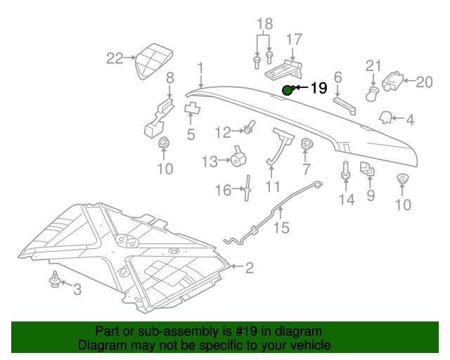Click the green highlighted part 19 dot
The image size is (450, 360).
coord(288,90)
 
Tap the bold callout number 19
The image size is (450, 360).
coord(319,89)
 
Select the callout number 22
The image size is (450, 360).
coord(114,58)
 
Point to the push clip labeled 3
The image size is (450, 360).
coord(53,281)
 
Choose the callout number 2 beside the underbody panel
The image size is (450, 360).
coord(250,266)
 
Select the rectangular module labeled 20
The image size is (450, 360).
coord(394,82)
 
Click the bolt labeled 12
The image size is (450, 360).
coord(248,129)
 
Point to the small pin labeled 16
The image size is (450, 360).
coord(247,189)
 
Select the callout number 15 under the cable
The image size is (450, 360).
coord(281,228)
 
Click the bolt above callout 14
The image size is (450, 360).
coord(345,172)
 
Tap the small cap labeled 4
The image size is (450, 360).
coord(386,116)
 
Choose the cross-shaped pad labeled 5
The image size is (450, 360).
coord(191,108)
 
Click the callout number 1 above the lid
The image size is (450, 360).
coord(200,68)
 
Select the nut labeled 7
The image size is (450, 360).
coord(307,146)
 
